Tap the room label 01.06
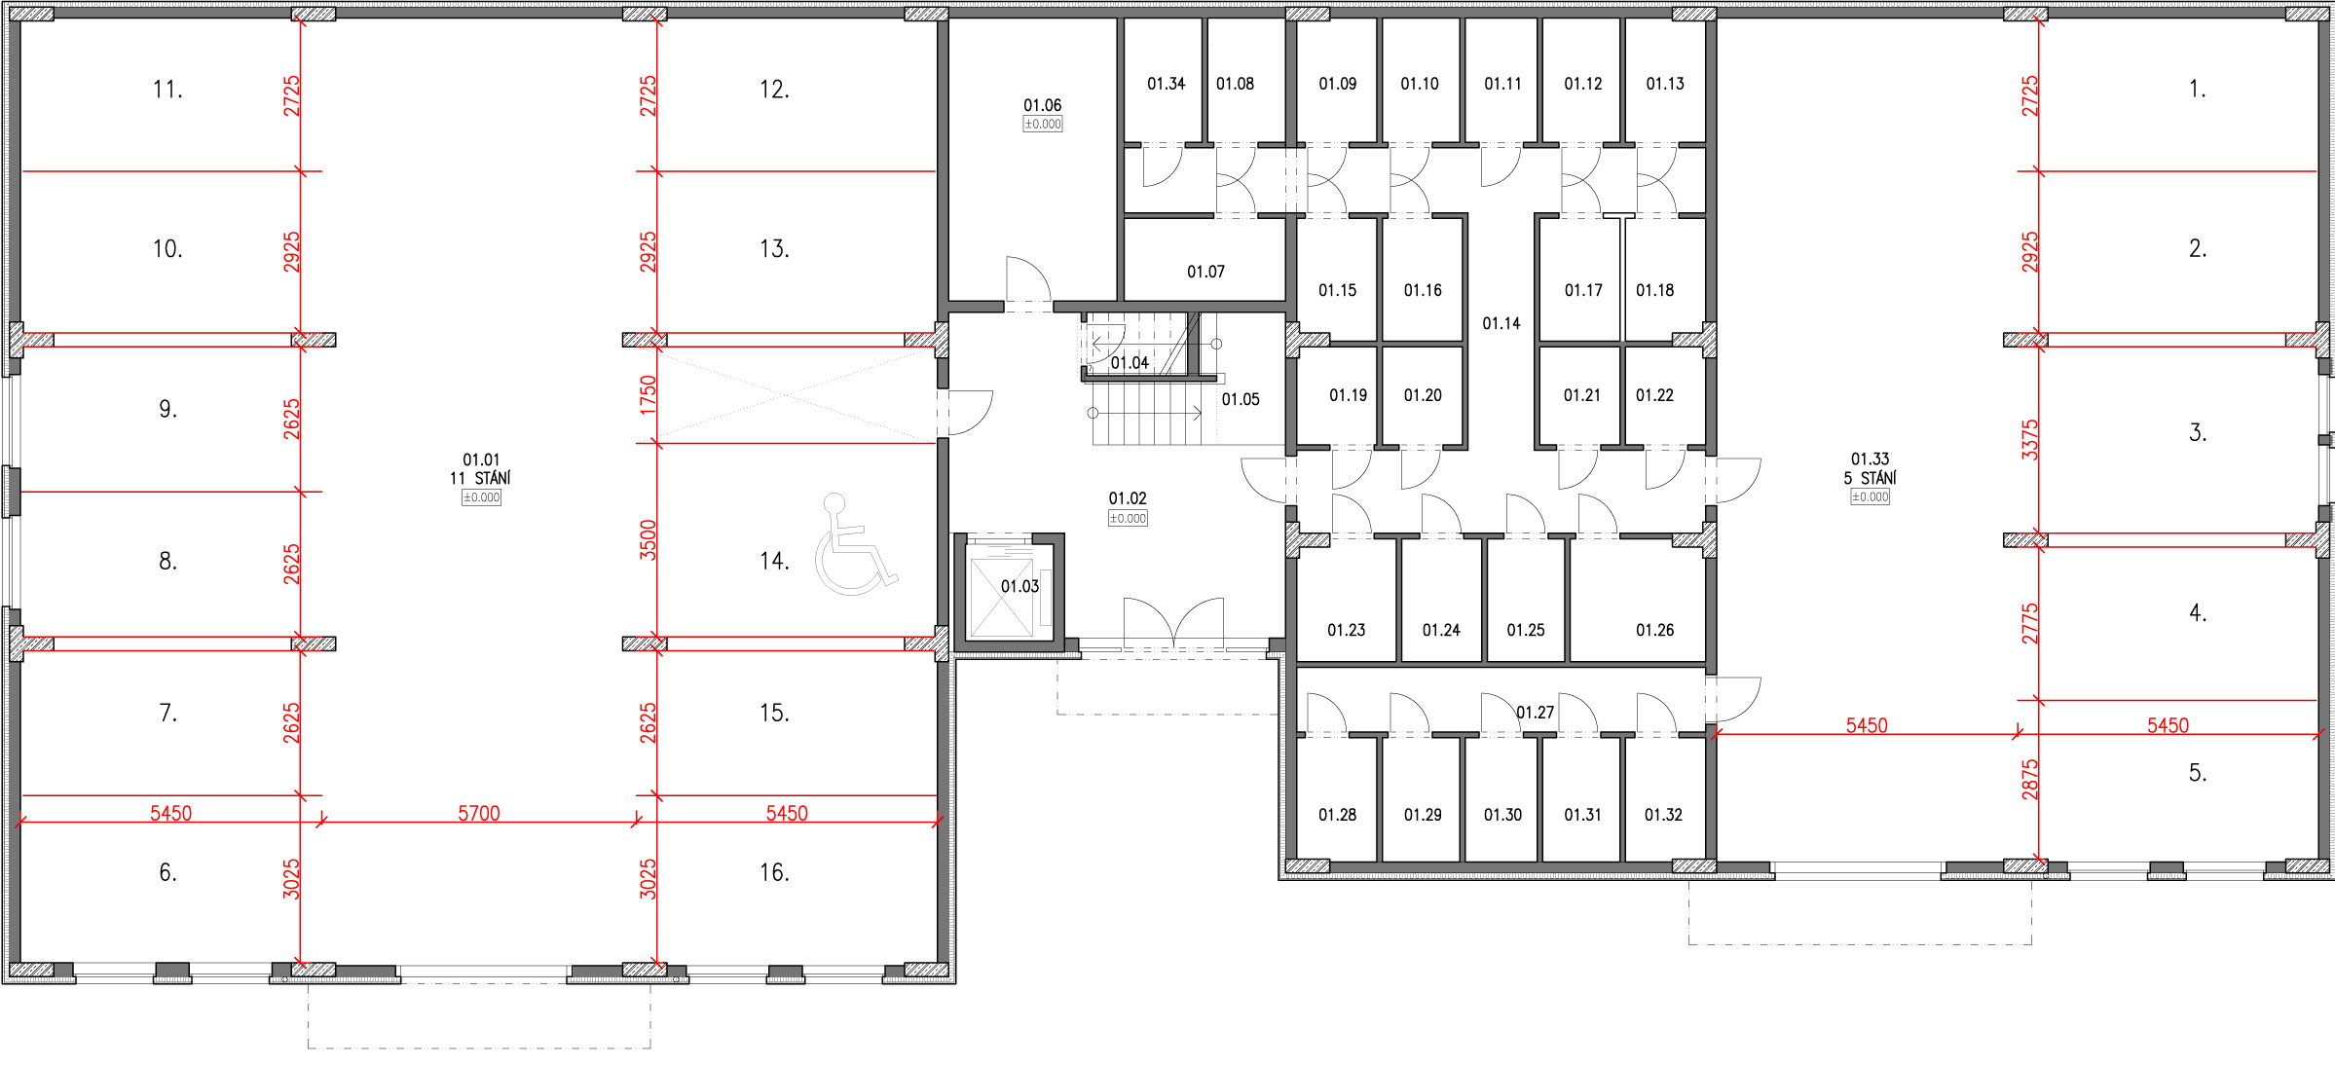point(1042,105)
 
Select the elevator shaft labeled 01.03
point(1009,591)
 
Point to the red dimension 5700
point(479,813)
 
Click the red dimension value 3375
point(2029,439)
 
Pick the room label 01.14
point(1501,323)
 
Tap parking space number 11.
point(167,90)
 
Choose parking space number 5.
point(2197,773)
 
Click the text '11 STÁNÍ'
point(480,478)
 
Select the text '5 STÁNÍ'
point(1870,478)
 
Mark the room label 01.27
point(1536,713)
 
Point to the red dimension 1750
point(648,395)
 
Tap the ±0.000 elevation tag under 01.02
point(1128,518)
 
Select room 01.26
point(1637,601)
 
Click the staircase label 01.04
point(1130,363)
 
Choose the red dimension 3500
point(648,540)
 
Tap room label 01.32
point(1663,815)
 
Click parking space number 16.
point(774,872)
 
